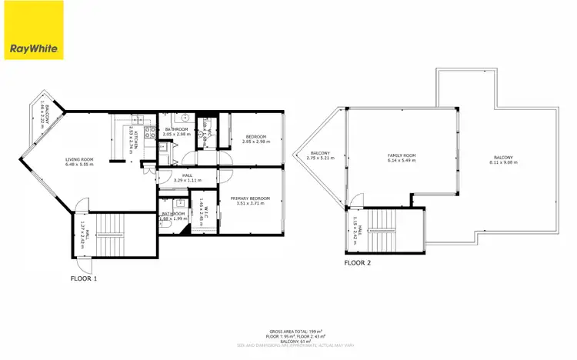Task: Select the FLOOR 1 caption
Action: coord(84,278)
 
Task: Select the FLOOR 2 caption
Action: coord(357,262)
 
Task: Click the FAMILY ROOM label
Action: coord(401,156)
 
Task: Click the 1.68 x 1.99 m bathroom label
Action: coord(172,218)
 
